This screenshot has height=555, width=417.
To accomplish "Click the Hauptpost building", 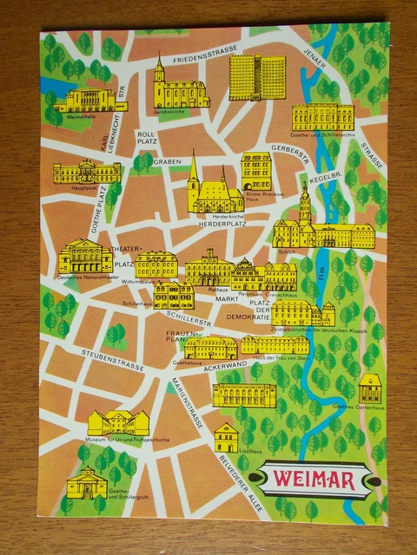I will tap(86, 172).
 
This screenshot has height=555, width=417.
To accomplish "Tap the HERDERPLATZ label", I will tap(217, 222).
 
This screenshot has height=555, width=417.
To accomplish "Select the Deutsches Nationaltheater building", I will tap(84, 257).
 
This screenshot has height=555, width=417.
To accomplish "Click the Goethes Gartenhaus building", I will tap(370, 389).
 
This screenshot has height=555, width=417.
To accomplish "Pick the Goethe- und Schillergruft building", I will tap(87, 482).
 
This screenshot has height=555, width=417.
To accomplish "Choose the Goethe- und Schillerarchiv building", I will tap(322, 117).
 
